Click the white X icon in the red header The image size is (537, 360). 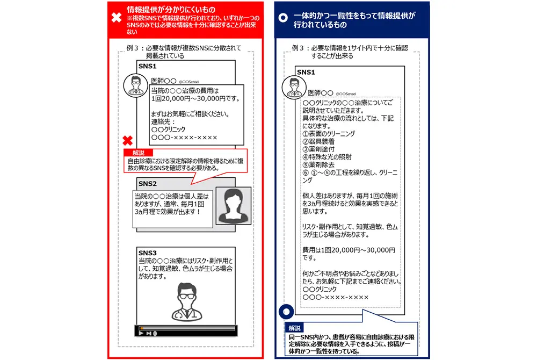tap(116, 17)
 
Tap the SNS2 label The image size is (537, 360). tap(148, 184)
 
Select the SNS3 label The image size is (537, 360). tap(148, 253)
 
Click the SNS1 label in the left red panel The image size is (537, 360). tap(148, 66)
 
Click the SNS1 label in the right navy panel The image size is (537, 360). tap(306, 72)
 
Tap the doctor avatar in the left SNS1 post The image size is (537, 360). tap(135, 85)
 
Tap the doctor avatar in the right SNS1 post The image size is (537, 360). tap(294, 87)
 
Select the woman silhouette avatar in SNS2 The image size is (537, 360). tap(233, 206)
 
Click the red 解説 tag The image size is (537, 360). tap(138, 153)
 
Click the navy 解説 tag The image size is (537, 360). tap(295, 328)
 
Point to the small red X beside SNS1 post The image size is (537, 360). tap(128, 141)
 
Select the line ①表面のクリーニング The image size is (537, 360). tap(329, 133)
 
